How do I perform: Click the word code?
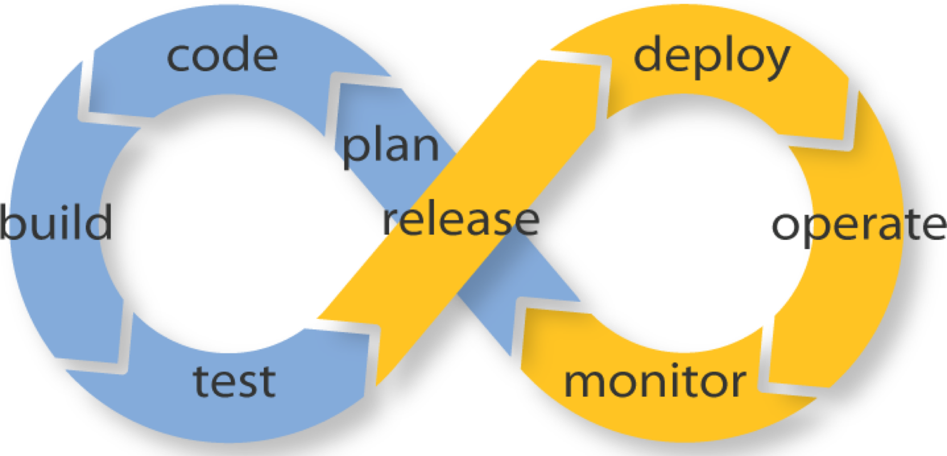(x=222, y=56)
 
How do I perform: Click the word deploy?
(x=711, y=58)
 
